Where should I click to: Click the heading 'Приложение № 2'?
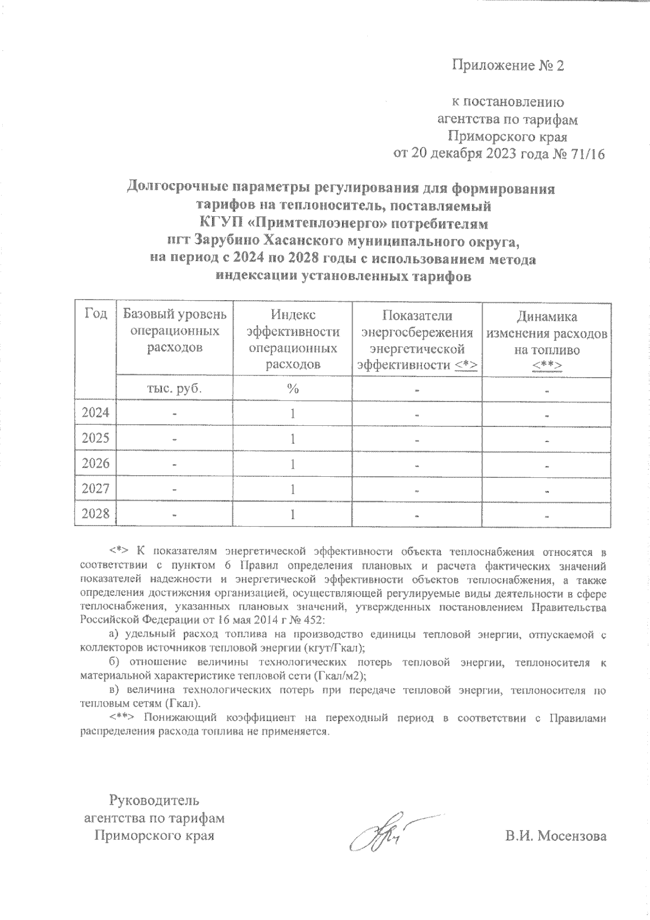click(x=508, y=66)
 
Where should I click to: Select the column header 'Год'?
click(x=95, y=314)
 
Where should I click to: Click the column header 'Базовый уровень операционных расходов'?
click(x=174, y=331)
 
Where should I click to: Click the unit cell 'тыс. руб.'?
click(x=174, y=388)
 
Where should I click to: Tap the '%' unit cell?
click(x=293, y=388)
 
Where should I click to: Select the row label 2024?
click(x=95, y=413)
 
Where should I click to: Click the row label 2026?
click(x=95, y=463)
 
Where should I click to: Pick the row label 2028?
click(x=95, y=513)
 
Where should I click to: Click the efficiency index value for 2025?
click(x=293, y=438)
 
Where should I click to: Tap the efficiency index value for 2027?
click(x=293, y=489)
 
